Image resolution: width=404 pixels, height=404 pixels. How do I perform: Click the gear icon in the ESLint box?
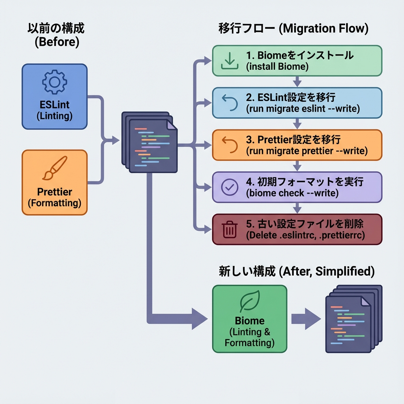(54, 82)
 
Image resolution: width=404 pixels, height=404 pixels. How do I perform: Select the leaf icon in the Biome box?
(249, 302)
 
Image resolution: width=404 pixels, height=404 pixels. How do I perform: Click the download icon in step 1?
(229, 60)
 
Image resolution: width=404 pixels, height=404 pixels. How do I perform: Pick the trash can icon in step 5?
(229, 229)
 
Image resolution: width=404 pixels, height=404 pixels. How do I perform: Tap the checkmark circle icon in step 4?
(229, 187)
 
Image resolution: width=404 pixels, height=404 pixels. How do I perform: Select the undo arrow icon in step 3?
(229, 145)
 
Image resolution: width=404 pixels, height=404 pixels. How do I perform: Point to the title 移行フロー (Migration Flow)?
(293, 29)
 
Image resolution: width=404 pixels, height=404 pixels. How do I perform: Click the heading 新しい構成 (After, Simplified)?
(296, 271)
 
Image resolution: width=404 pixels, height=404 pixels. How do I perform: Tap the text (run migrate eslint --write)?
(303, 109)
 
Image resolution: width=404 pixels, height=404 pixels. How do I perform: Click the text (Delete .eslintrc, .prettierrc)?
(305, 236)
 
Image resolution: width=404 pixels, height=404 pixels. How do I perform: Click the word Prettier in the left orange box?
(54, 192)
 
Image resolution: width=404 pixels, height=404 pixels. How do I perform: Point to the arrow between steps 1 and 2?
(297, 82)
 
